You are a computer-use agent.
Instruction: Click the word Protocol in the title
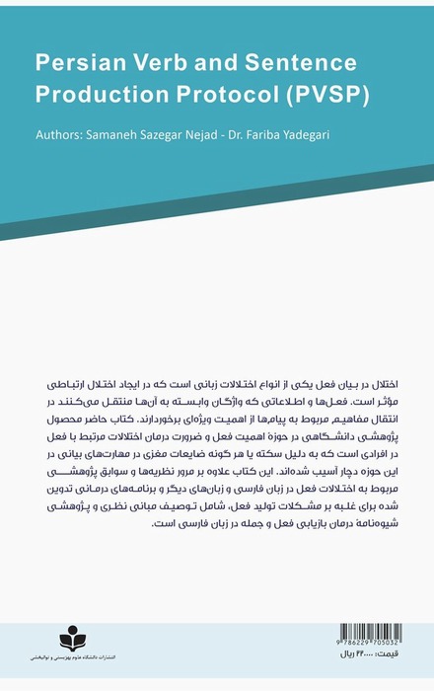click(226, 96)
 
